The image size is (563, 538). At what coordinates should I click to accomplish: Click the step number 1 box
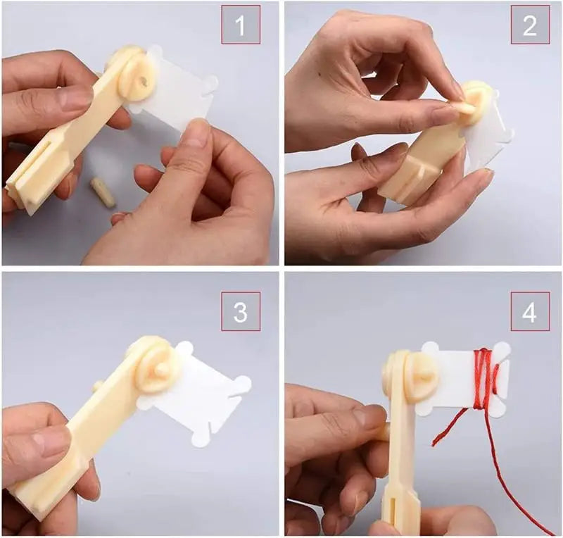tap(241, 25)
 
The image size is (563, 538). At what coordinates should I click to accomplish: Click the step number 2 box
tap(530, 25)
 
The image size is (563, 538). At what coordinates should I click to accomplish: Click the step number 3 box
tap(241, 311)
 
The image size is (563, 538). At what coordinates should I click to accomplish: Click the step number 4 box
tap(530, 311)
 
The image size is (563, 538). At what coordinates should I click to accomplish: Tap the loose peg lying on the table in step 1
tap(103, 192)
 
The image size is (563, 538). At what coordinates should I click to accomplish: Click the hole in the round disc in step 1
tap(144, 82)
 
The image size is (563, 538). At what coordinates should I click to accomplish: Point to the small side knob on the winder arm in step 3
tap(98, 387)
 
